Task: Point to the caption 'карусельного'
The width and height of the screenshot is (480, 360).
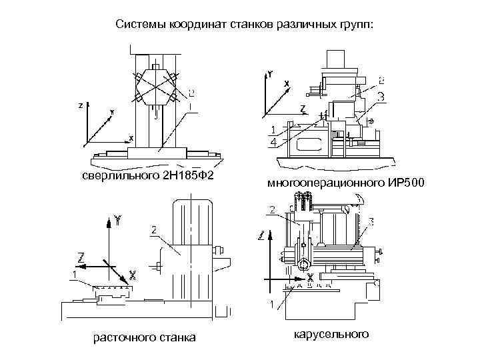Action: pos(330,333)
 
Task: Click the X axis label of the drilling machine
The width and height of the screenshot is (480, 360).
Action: pos(131,138)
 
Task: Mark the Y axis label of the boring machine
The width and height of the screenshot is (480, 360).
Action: pos(117,219)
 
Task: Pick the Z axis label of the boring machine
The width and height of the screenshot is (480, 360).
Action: pos(81,256)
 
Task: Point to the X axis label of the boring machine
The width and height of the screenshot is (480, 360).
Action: pos(133,274)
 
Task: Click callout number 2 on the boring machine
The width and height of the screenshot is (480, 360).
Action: pos(154,230)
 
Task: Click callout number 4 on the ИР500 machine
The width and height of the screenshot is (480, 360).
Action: pos(274,142)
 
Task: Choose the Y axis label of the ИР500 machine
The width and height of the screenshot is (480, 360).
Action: pos(269,75)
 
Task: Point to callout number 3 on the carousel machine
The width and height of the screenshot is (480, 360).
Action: pos(371,220)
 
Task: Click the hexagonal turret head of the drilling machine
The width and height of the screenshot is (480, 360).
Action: pos(157,87)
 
